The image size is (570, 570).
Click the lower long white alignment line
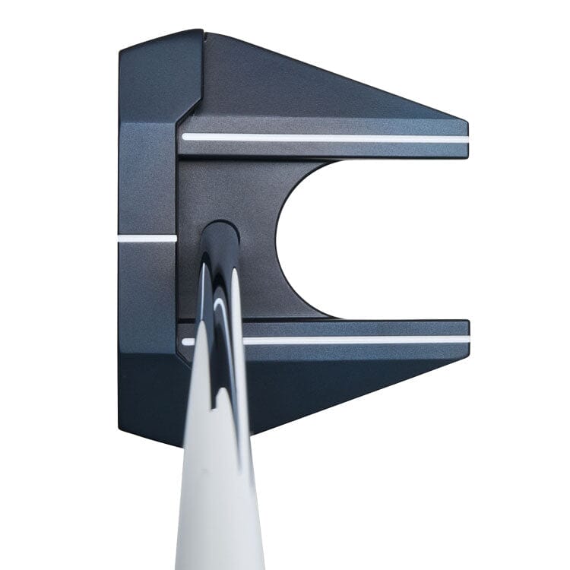click(357, 340)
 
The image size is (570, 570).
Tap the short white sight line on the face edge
click(147, 238)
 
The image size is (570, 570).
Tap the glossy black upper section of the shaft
click(220, 304)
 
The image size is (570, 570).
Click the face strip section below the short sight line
click(147, 304)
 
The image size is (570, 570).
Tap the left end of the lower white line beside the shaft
click(187, 342)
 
